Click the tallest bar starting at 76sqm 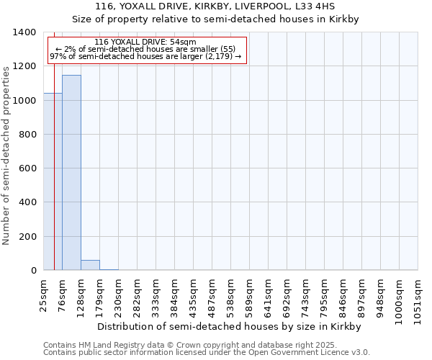[71, 173]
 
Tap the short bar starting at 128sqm [90, 265]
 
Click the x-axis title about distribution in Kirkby [228, 326]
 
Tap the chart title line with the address [216, 6]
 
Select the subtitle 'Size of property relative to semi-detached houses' [216, 19]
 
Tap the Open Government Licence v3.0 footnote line [207, 353]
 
